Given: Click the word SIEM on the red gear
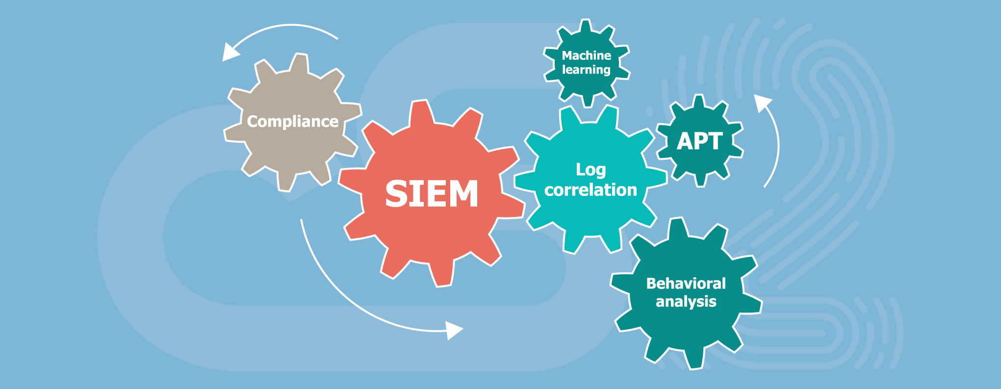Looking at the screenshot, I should (x=432, y=194).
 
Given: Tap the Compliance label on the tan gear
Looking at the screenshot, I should (x=293, y=122).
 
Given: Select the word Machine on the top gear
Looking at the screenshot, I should (x=586, y=55).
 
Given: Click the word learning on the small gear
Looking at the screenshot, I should (x=586, y=70).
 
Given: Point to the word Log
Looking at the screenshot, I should (x=590, y=170).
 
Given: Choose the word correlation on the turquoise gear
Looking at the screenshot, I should (x=590, y=190).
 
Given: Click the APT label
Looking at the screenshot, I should (x=700, y=142).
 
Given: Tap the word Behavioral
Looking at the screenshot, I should (x=686, y=283).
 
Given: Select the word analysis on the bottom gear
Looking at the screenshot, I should (x=686, y=301).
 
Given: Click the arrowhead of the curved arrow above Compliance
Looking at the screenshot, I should (x=230, y=52).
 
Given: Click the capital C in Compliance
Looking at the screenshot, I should (x=253, y=122).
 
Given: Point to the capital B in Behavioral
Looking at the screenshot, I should (x=652, y=283).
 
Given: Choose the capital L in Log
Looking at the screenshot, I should (x=580, y=169).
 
